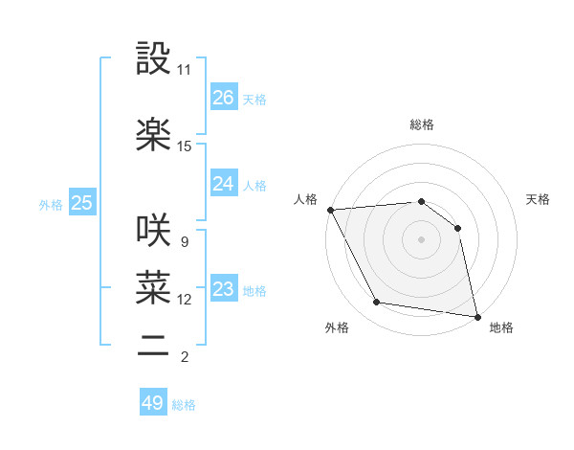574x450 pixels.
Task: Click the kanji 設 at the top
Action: click(x=153, y=59)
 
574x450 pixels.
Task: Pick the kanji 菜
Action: click(x=153, y=285)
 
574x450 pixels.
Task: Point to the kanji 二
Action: click(x=153, y=345)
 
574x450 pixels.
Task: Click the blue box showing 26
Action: click(x=224, y=98)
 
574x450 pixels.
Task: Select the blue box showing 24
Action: click(x=224, y=184)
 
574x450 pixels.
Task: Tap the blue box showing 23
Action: click(x=224, y=289)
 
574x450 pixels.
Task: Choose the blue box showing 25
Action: click(x=81, y=203)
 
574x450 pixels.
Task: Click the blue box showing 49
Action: click(x=153, y=403)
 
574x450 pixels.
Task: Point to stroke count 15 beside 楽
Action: click(x=185, y=146)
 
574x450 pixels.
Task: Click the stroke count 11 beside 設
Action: click(x=185, y=70)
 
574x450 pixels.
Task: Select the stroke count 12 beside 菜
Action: click(x=185, y=300)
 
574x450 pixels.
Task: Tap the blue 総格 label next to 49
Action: click(x=184, y=405)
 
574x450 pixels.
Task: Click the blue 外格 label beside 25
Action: click(x=51, y=204)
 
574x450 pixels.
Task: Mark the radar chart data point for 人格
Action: click(x=330, y=210)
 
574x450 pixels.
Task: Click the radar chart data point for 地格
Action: click(x=476, y=315)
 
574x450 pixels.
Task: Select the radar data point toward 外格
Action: click(x=377, y=304)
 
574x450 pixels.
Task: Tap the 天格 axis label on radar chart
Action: click(x=538, y=199)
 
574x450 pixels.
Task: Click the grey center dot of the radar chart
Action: click(x=421, y=238)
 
